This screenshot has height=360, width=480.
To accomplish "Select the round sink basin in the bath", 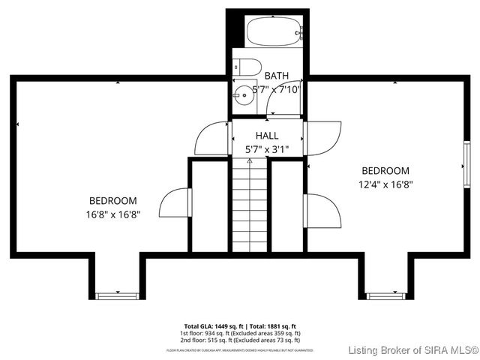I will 243,94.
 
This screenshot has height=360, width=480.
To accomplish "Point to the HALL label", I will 267,136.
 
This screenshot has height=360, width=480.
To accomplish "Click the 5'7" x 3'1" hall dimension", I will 267,149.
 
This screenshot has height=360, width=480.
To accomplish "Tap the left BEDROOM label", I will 113,200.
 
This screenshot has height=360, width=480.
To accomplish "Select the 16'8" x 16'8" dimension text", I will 113,214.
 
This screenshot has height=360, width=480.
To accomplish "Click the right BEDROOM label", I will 385,170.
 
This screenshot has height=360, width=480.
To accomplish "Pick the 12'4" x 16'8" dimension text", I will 385,184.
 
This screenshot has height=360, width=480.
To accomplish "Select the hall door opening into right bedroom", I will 322,137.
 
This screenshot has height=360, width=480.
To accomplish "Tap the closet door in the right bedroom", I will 322,211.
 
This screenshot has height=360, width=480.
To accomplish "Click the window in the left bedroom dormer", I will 117,295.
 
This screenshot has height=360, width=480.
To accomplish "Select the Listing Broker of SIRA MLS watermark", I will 414,350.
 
